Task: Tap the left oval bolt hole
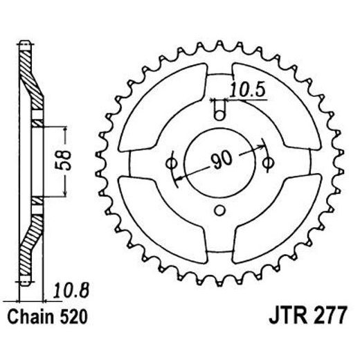[x=170, y=163]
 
